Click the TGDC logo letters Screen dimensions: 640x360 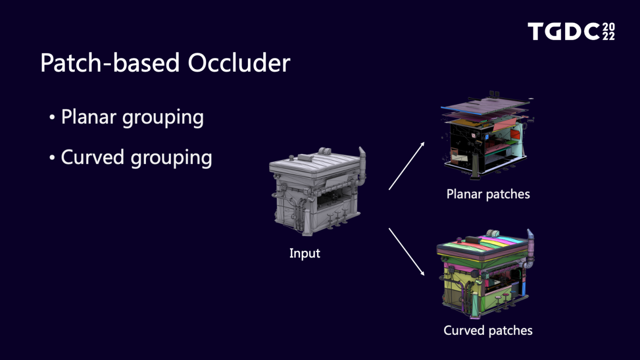pos(564,31)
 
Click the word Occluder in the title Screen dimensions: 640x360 pos(239,63)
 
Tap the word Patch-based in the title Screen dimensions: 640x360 pos(110,63)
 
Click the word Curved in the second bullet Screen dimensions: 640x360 pos(92,157)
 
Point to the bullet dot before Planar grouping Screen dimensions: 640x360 pos(52,117)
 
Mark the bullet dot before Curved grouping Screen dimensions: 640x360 pos(52,158)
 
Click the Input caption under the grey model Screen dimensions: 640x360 pos(305,253)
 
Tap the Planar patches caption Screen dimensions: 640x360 pos(488,194)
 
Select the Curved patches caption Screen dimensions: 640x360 pos(488,331)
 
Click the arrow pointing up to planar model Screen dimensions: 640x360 pos(407,166)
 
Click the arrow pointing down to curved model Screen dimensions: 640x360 pos(407,251)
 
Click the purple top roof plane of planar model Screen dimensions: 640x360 pos(486,106)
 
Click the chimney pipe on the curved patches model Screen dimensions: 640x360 pos(530,249)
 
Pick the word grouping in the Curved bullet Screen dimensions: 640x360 pos(171,159)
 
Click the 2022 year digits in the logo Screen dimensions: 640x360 pos(609,31)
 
